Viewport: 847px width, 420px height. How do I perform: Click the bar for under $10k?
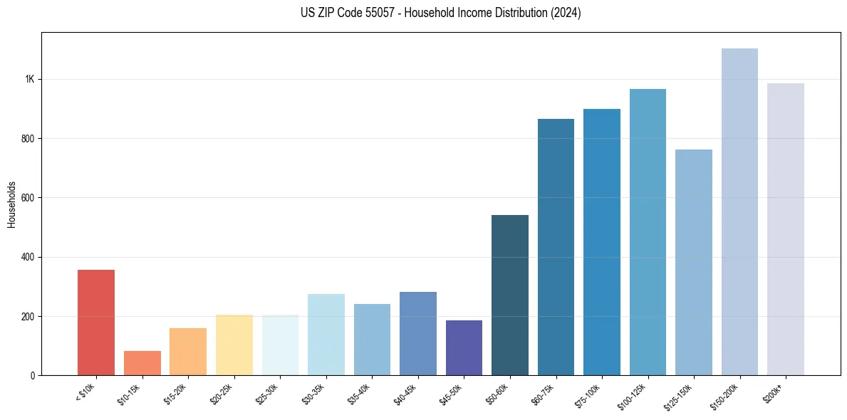96,322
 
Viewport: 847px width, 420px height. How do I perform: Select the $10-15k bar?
142,363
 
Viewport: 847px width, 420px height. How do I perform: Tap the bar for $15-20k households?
188,352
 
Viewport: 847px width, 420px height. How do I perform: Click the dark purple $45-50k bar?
464,348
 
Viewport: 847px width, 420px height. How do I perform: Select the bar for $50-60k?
510,295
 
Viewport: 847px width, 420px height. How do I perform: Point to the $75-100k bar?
602,242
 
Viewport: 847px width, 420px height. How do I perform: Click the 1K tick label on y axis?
30,79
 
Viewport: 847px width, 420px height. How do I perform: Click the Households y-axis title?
12,204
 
